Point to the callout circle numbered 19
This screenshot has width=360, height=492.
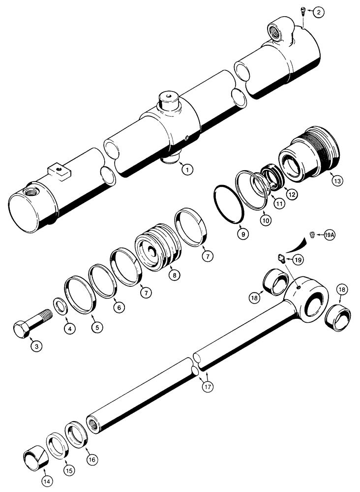click(x=297, y=259)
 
